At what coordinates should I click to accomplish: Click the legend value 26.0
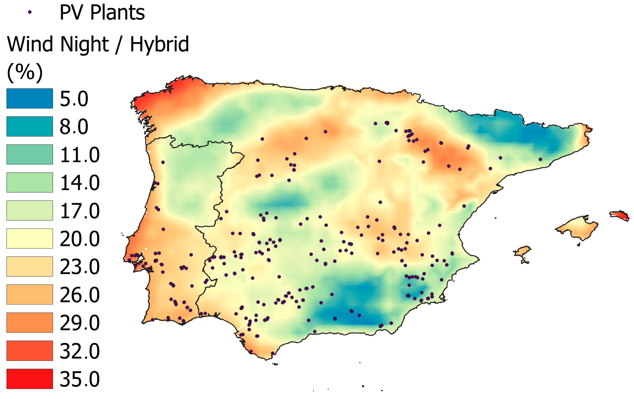tap(79, 295)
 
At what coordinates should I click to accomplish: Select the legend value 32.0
tap(79, 351)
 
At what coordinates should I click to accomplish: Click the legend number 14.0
tap(79, 183)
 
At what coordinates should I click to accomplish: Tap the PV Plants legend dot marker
tap(30, 12)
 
